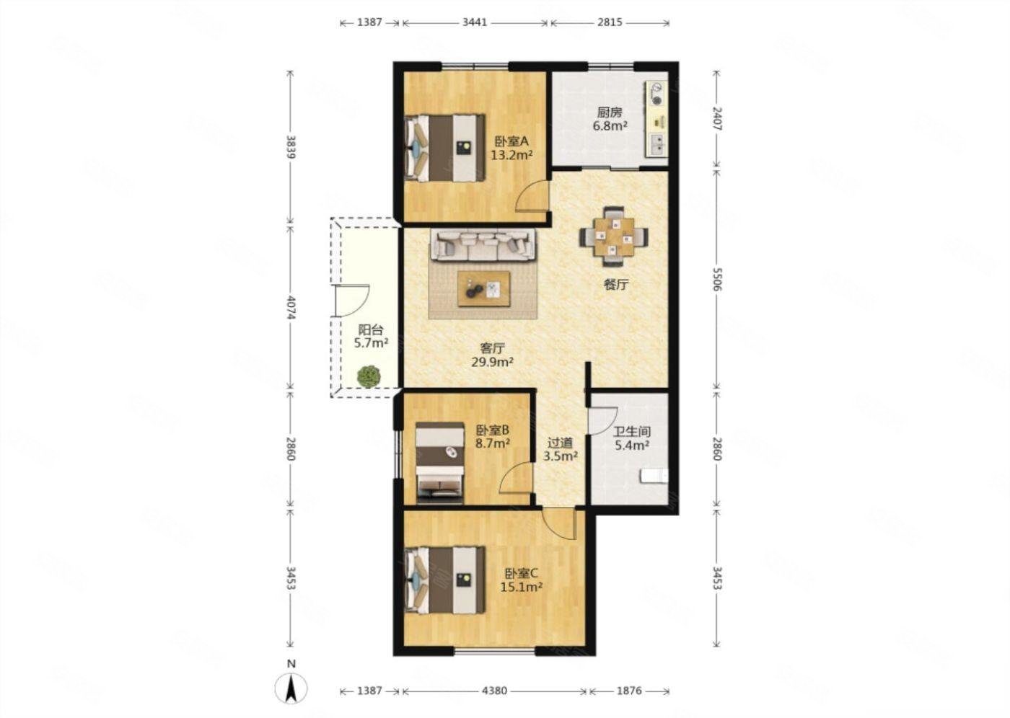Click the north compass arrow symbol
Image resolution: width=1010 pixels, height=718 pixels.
pyautogui.click(x=291, y=688)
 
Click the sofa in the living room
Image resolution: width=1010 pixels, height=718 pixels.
pyautogui.click(x=483, y=245)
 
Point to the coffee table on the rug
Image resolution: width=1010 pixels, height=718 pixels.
pyautogui.click(x=484, y=289)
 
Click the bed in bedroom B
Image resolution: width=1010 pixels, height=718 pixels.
pyautogui.click(x=440, y=463)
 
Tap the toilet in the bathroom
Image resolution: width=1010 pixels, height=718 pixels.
pyautogui.click(x=654, y=476)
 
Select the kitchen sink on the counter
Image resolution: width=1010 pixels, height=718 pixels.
pyautogui.click(x=658, y=145)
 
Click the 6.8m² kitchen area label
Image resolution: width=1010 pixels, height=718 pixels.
pyautogui.click(x=610, y=125)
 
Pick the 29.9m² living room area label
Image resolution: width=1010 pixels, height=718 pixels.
pyautogui.click(x=492, y=362)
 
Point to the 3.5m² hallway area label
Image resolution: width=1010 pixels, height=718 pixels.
pyautogui.click(x=561, y=456)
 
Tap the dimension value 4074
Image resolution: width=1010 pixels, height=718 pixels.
pyautogui.click(x=291, y=308)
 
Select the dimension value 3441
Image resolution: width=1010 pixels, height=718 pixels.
pyautogui.click(x=475, y=22)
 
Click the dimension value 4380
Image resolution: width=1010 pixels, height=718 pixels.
pyautogui.click(x=494, y=691)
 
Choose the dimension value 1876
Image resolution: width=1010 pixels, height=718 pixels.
pyautogui.click(x=629, y=691)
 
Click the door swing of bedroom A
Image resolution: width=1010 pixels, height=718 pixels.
pyautogui.click(x=532, y=195)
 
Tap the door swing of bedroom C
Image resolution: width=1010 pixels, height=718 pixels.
pyautogui.click(x=560, y=524)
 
